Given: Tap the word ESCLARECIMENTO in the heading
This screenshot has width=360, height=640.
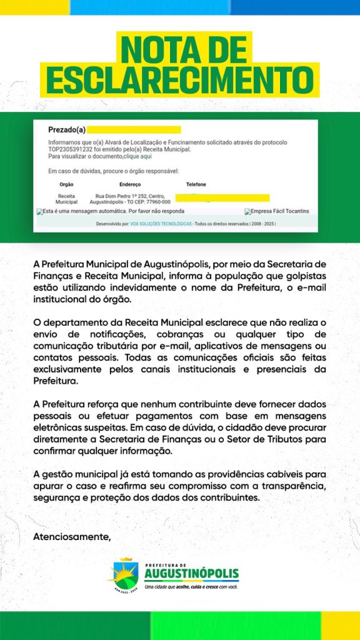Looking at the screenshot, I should point(180,80).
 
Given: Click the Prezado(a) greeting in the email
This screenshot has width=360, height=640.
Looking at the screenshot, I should point(67,130).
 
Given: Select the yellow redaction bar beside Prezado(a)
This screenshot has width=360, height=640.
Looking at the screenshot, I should point(134,130).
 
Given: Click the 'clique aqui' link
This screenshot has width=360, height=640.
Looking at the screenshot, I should point(137,156).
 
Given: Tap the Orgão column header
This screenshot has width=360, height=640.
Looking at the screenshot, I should point(66,184).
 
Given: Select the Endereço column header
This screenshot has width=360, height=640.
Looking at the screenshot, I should point(130,184).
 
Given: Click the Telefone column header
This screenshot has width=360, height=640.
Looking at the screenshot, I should point(196,184).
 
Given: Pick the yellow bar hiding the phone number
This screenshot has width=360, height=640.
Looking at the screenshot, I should point(222,197).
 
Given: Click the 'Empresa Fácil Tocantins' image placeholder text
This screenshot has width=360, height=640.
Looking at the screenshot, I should point(279,211).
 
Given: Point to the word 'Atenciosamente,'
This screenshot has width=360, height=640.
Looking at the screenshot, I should point(72,536).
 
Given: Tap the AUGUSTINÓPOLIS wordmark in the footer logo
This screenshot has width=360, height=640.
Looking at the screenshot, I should point(191,574).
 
